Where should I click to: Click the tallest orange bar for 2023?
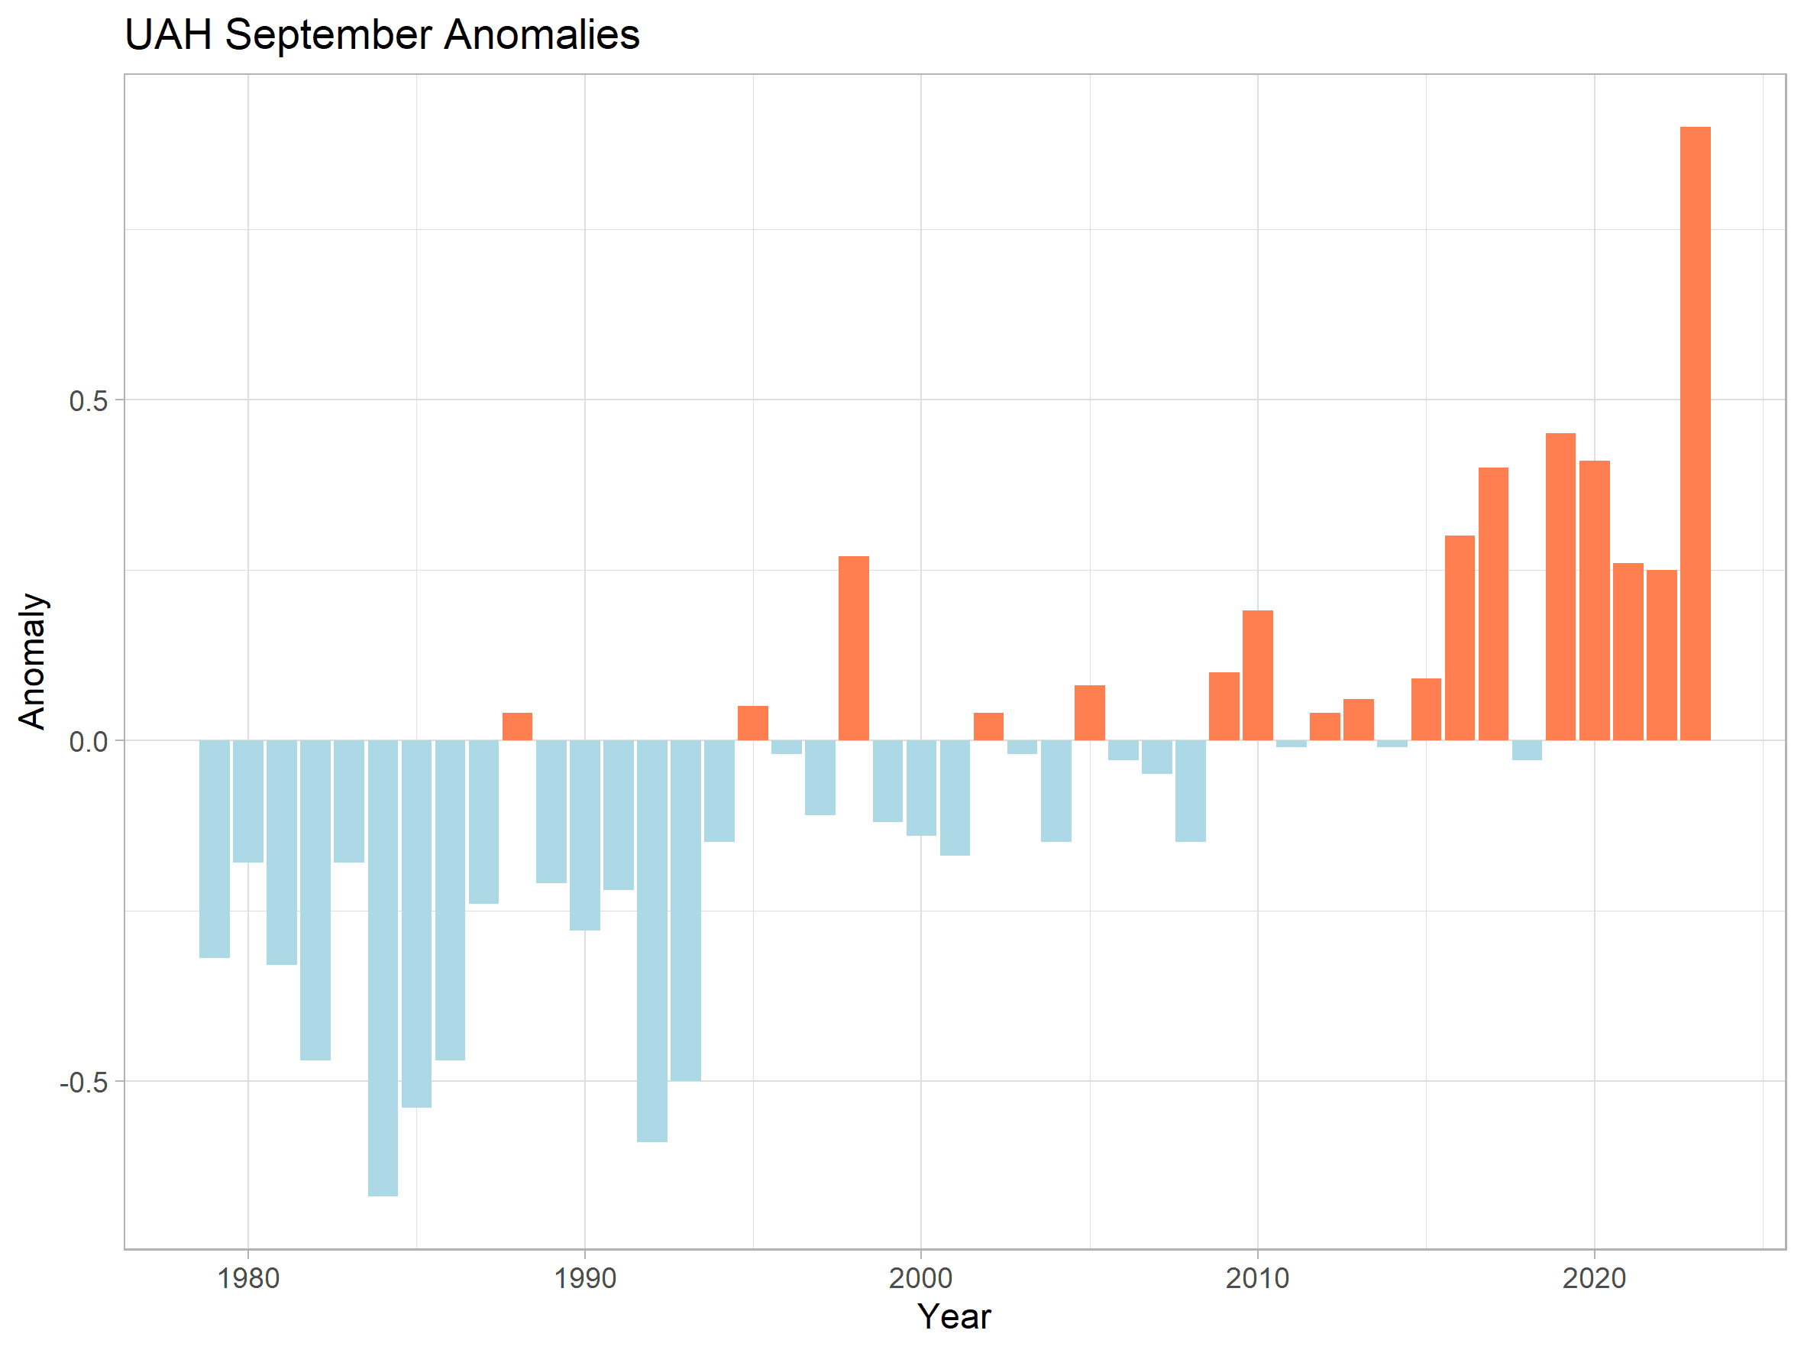tap(1695, 433)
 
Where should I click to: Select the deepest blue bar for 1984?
tap(383, 968)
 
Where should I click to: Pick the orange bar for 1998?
tap(854, 649)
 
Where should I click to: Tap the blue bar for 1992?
tap(651, 941)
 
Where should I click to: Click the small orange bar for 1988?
tap(517, 727)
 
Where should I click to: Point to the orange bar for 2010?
tap(1258, 675)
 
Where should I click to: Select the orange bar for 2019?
tap(1560, 587)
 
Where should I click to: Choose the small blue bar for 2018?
tap(1527, 750)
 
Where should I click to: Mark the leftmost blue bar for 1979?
tap(215, 849)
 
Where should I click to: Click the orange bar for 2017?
tap(1493, 604)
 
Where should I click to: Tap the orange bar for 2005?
tap(1090, 713)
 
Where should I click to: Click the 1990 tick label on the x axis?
tap(585, 1278)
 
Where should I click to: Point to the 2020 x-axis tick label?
tap(1595, 1278)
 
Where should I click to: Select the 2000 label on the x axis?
tap(921, 1278)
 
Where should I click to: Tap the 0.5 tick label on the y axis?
tap(88, 400)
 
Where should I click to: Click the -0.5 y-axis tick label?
tap(83, 1083)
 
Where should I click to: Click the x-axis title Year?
tap(954, 1317)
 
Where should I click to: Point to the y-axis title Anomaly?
tap(32, 662)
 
